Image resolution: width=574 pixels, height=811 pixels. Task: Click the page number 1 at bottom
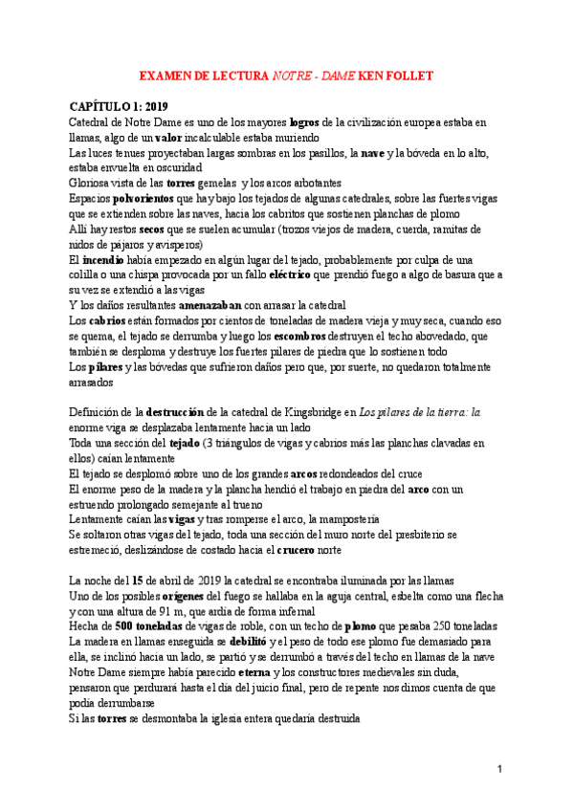tap(499, 769)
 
